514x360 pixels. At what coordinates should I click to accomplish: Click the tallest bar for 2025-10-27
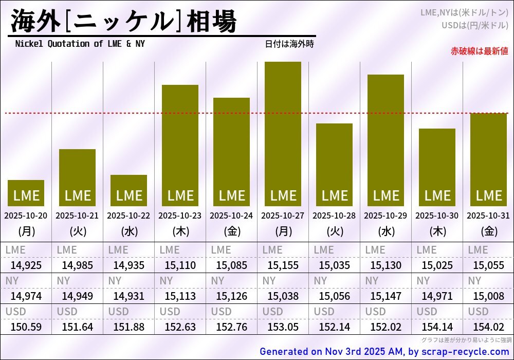pyautogui.click(x=283, y=134)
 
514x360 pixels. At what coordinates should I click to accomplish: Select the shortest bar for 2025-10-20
pyautogui.click(x=26, y=193)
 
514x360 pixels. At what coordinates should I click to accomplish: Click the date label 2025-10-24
pyautogui.click(x=231, y=215)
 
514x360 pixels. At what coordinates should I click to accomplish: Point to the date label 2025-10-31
pyautogui.click(x=488, y=215)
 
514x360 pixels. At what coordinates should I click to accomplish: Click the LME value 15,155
pyautogui.click(x=283, y=265)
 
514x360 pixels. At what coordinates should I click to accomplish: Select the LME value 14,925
pyautogui.click(x=26, y=265)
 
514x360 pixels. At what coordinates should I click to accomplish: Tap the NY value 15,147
pyautogui.click(x=385, y=296)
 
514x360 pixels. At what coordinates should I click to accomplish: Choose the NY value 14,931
pyautogui.click(x=128, y=296)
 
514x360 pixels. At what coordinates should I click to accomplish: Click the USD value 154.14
pyautogui.click(x=437, y=327)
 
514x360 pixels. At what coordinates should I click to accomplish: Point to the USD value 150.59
pyautogui.click(x=26, y=327)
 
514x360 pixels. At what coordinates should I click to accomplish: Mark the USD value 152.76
pyautogui.click(x=231, y=327)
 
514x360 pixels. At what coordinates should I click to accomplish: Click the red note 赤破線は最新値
pyautogui.click(x=479, y=51)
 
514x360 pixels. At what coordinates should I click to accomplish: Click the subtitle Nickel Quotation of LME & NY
pyautogui.click(x=80, y=44)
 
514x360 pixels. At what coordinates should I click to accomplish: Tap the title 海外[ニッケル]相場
pyautogui.click(x=123, y=22)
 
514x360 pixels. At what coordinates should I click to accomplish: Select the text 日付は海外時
pyautogui.click(x=289, y=44)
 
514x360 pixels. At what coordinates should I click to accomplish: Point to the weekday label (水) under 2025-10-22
pyautogui.click(x=128, y=231)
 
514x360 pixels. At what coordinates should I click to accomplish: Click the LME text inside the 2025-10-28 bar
pyautogui.click(x=334, y=195)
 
